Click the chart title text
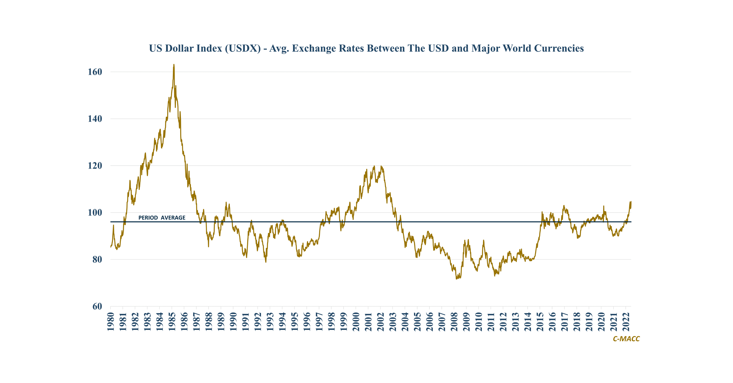(x=366, y=48)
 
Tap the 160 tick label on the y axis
(x=95, y=72)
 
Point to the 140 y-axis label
(x=95, y=119)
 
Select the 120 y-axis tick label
(x=95, y=166)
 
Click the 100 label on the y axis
(x=95, y=213)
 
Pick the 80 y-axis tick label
(x=97, y=259)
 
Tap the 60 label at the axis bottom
(x=97, y=306)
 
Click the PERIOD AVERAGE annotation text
(x=162, y=218)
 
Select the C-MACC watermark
(x=626, y=339)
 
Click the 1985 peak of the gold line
(x=174, y=65)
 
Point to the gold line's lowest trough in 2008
(x=456, y=279)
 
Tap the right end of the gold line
(x=631, y=202)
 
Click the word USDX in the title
(x=243, y=48)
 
